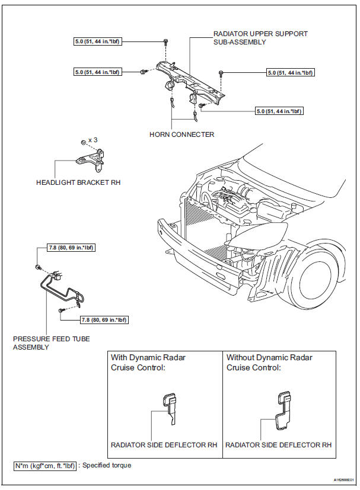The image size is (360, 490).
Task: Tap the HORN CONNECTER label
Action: tap(181, 134)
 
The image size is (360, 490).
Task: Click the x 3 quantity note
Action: tap(93, 140)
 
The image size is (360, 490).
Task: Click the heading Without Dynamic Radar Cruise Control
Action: tap(269, 362)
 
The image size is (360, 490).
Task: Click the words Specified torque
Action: tap(107, 465)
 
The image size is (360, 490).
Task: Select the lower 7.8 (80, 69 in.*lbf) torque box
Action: tap(104, 320)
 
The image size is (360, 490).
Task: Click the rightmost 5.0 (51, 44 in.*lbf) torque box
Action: tap(290, 73)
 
